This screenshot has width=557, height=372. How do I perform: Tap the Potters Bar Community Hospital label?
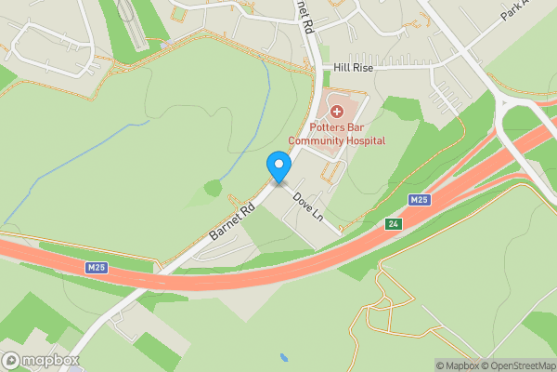336,134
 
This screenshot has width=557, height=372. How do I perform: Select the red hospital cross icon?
336,112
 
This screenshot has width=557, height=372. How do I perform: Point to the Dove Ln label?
307,207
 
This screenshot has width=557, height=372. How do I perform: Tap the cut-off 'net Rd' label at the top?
305,17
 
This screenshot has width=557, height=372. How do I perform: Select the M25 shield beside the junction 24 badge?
420,200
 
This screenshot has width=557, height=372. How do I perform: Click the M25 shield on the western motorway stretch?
97,268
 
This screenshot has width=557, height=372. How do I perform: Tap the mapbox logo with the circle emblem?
40,360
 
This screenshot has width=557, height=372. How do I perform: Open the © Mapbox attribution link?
458,365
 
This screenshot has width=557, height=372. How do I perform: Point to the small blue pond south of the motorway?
283,357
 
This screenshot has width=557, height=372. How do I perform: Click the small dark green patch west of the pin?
214,188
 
